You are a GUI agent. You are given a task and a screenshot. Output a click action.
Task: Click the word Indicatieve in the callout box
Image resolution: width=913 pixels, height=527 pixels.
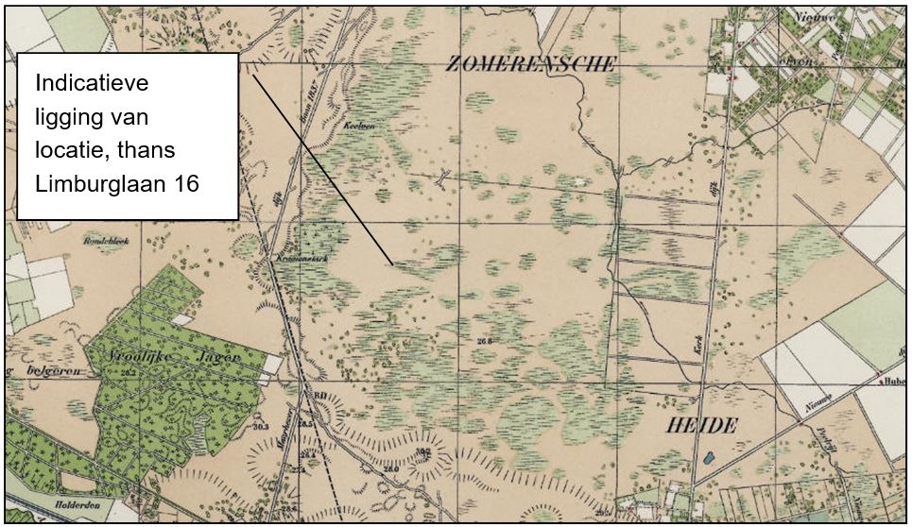93,83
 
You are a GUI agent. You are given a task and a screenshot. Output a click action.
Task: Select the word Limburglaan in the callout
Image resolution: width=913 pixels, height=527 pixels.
96,183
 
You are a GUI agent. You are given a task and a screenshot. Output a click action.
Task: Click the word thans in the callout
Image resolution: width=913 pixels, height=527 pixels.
176,150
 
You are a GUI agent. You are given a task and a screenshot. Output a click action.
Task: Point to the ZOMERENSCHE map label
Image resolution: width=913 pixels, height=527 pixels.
531,64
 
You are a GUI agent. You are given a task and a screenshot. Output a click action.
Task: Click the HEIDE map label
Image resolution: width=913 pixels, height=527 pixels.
701,426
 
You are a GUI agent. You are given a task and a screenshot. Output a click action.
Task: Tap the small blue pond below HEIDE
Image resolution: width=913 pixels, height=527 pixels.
708,460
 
